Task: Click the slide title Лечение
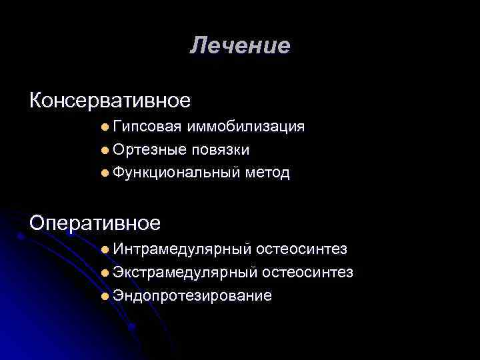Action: (240, 46)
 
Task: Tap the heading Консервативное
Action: (110, 101)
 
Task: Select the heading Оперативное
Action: (95, 221)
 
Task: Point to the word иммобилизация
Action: (247, 127)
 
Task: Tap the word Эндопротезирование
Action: (192, 296)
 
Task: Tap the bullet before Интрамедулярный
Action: (107, 250)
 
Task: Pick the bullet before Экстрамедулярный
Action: (107, 273)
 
